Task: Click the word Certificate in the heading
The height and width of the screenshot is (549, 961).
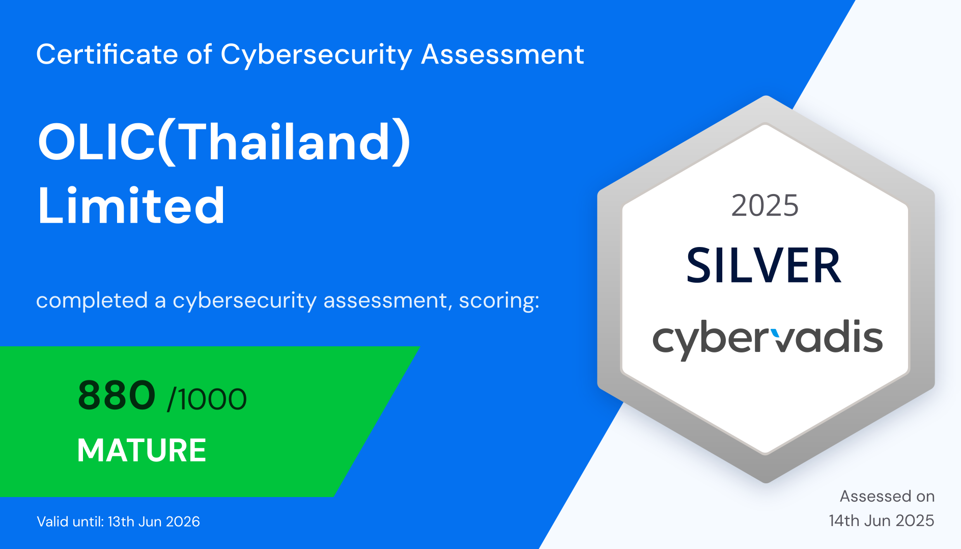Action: [107, 54]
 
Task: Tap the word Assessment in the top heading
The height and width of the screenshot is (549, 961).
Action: [502, 54]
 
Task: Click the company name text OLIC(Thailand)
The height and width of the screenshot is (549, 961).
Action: [224, 143]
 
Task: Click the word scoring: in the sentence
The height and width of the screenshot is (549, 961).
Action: [499, 301]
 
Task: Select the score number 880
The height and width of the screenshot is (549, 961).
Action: [117, 395]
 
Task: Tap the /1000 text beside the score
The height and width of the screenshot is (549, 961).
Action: [207, 399]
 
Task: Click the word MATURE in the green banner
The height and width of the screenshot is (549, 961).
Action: [142, 450]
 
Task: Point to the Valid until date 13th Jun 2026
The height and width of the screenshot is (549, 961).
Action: [154, 521]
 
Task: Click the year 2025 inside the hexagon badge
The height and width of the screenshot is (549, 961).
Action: [765, 206]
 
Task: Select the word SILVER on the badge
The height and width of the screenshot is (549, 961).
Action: [764, 265]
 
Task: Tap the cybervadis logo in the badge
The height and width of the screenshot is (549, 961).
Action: [768, 339]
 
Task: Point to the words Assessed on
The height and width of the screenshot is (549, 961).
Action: [887, 496]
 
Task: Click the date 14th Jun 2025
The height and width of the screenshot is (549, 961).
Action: [882, 520]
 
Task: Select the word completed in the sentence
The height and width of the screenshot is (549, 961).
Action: [92, 301]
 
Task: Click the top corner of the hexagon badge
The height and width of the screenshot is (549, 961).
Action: [766, 95]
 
